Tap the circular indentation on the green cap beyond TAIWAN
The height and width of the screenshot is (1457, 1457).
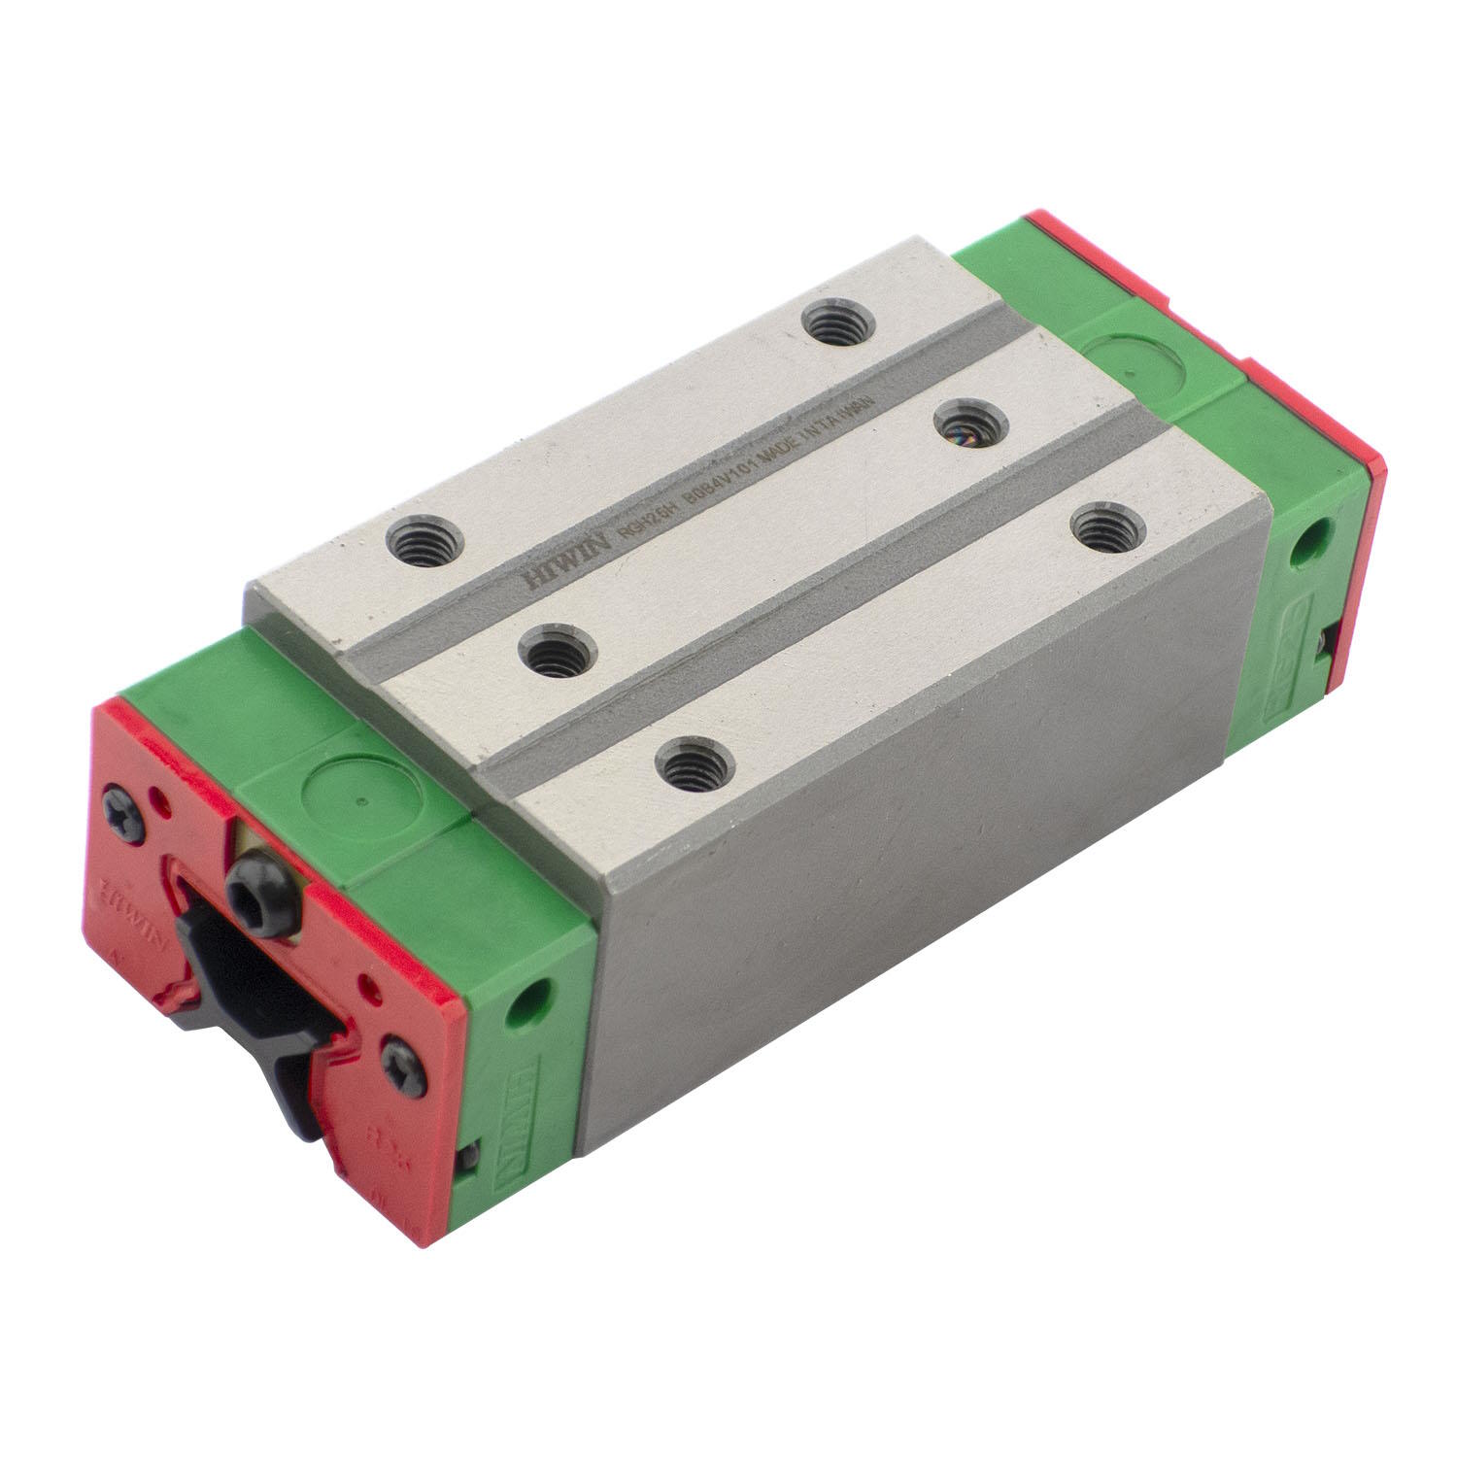(x=1133, y=367)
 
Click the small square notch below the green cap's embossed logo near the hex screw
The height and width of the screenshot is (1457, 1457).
(x=469, y=1157)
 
